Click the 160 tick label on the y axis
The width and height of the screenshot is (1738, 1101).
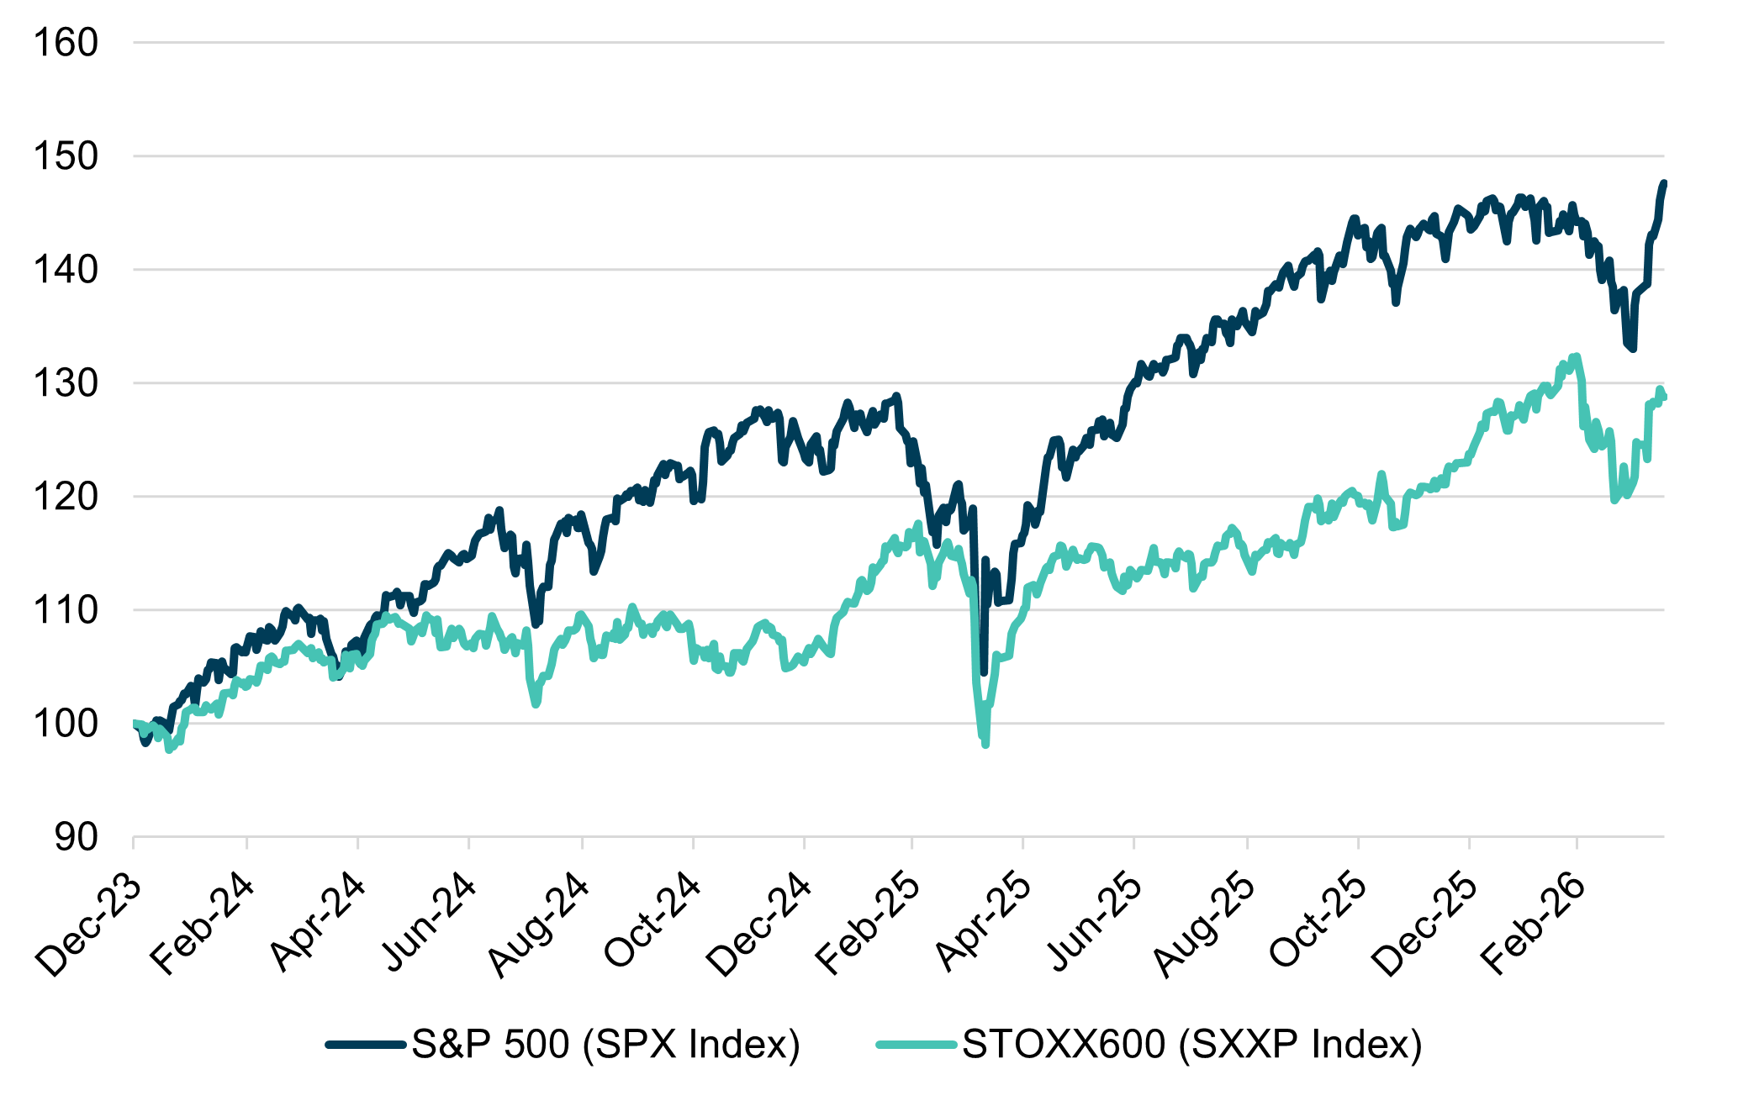[65, 43]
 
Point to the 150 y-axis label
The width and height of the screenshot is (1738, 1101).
[65, 156]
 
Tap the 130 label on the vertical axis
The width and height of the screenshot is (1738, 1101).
[65, 383]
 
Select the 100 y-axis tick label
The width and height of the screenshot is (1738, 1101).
[65, 724]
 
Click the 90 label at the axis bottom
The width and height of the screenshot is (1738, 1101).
[76, 837]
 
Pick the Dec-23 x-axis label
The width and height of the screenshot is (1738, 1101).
[87, 925]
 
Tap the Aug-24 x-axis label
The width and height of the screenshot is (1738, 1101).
[539, 925]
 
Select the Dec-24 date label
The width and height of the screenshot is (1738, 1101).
[759, 925]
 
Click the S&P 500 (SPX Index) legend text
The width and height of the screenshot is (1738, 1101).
[605, 1045]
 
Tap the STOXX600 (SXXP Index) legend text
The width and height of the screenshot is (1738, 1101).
[1191, 1045]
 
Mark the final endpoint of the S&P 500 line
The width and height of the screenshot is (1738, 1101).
[1663, 183]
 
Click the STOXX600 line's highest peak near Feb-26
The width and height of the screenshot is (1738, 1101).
[1576, 356]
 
